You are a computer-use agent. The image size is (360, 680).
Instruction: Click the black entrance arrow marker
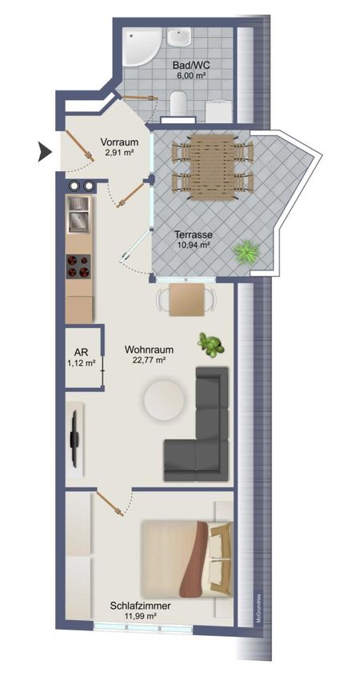pos(44,152)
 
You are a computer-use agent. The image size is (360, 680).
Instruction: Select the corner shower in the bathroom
pos(138,46)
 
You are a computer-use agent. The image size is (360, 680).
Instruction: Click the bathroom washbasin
pos(179,38)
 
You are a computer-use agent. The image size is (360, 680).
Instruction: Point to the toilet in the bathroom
pos(178,103)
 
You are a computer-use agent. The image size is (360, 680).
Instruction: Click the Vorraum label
pos(119,142)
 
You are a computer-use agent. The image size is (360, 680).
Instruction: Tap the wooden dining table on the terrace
pos(212,167)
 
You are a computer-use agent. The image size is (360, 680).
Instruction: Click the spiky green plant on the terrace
pos(246,252)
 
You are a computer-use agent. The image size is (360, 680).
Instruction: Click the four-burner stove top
pos(78,266)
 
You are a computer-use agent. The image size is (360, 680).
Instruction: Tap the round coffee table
pos(164,400)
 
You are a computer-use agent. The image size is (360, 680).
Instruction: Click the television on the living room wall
pos(74,439)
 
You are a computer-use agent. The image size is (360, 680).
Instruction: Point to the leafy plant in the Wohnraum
pos(210,346)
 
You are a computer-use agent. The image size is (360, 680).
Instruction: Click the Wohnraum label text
pos(150,350)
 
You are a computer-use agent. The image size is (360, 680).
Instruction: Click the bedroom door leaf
pos(110,503)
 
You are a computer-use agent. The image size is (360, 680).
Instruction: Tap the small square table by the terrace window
pos(186,300)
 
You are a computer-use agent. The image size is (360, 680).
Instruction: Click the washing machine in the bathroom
pos(219,111)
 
